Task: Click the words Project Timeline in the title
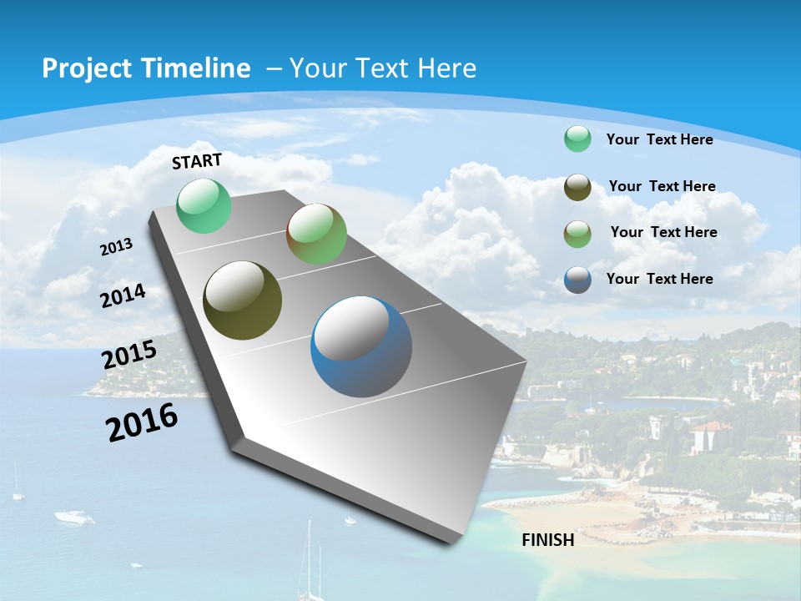click(146, 68)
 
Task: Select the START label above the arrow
click(197, 160)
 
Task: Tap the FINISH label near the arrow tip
click(548, 540)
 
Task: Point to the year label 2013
click(116, 246)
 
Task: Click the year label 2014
click(123, 295)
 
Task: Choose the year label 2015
click(128, 355)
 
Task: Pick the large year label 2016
click(142, 422)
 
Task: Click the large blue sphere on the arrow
click(361, 346)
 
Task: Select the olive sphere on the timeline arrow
click(242, 300)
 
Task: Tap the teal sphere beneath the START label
click(204, 205)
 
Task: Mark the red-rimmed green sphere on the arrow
click(316, 234)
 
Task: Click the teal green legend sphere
click(577, 139)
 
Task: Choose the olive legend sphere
click(577, 187)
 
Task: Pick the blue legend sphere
click(577, 280)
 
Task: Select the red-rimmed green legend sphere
click(577, 233)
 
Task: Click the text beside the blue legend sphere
click(659, 279)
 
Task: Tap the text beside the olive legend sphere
click(662, 186)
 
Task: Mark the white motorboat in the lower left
click(74, 518)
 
